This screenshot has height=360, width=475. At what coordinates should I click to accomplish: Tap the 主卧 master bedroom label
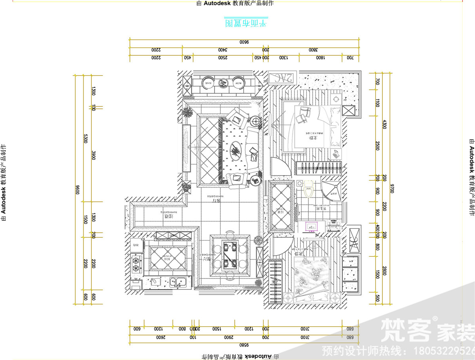313,138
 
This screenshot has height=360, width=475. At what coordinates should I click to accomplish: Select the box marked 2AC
282,78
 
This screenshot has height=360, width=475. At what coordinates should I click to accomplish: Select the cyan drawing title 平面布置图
246,23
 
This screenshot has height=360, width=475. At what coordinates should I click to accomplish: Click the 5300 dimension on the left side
85,138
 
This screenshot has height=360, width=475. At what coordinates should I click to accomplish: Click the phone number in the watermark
443,351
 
